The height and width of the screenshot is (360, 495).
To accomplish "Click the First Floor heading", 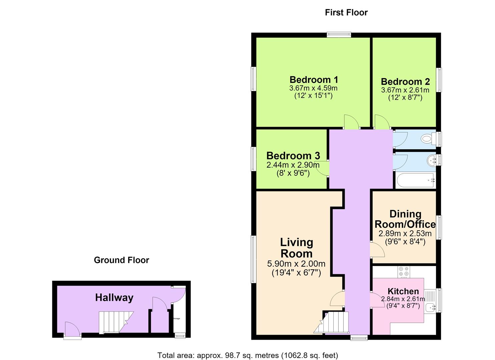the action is tap(346, 13).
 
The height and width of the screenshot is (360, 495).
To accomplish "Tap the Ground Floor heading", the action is tap(122, 260).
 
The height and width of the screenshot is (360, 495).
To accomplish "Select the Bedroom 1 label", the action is tap(314, 80).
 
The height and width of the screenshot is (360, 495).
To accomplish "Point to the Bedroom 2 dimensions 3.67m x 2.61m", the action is tap(405, 90).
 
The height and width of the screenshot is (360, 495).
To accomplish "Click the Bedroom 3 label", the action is tap(293, 156).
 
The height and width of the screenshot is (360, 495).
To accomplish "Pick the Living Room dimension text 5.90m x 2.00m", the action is tap(296, 264).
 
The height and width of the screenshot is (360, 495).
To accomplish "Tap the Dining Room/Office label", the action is tap(405, 219).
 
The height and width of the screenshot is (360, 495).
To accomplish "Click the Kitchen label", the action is tap(403, 291).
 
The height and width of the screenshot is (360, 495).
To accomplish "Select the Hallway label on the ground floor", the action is tap(114, 298).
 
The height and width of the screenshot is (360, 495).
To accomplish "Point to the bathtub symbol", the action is tap(415, 181).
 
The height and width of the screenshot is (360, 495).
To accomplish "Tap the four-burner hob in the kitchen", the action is tap(404, 272).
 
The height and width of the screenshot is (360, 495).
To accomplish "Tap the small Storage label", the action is tap(176, 318).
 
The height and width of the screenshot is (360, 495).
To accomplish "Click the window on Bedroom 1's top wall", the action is tap(339, 34).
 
